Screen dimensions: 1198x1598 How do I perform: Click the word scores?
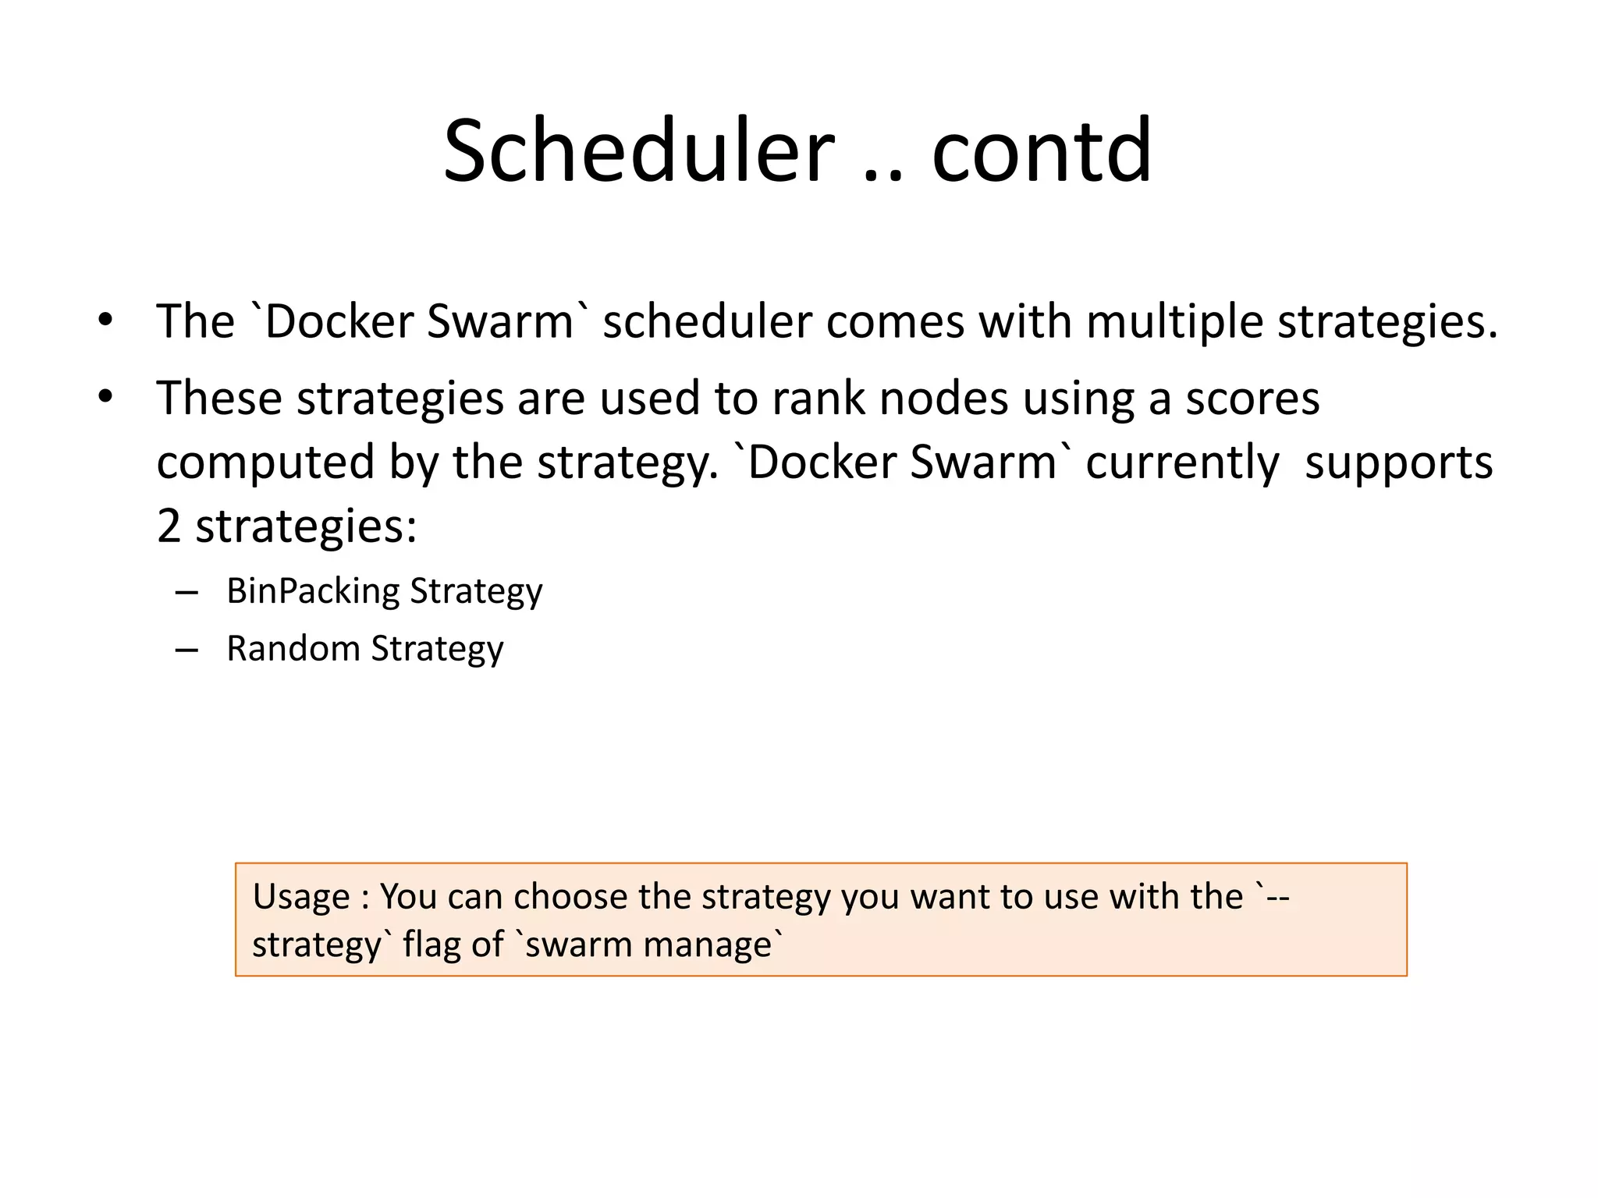pos(1252,399)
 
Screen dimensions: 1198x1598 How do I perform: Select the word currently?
pos(1182,463)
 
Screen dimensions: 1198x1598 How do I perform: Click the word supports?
pos(1398,463)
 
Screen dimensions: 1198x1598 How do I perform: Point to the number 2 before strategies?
pos(169,526)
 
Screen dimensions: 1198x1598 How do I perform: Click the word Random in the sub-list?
pos(293,648)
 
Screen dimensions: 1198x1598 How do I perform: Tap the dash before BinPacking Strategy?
pos(186,593)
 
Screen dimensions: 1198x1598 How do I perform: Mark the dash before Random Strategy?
pos(186,650)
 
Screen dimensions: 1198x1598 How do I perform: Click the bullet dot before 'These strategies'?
pos(105,397)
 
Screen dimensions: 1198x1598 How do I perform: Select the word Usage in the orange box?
pos(301,897)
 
